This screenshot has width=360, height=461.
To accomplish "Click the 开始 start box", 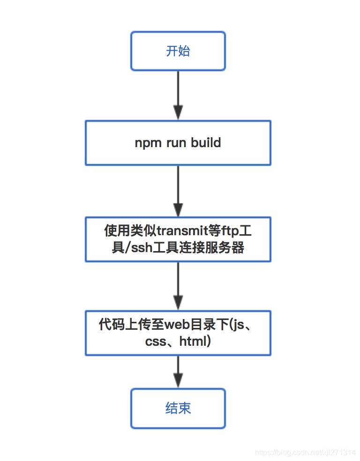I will point(178,51).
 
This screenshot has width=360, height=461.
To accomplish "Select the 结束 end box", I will point(178,408).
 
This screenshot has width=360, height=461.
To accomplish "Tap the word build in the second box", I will point(206,143).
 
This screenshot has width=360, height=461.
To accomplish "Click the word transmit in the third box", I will point(179,231).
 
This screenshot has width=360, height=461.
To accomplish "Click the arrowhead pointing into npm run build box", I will point(178,113).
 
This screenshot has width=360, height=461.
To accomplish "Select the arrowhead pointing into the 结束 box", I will point(178,380).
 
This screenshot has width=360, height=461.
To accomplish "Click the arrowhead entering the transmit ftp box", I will point(178,209).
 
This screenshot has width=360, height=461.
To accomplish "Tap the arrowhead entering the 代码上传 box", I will point(178,303).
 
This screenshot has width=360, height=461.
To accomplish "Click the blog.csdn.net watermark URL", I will point(305,453).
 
